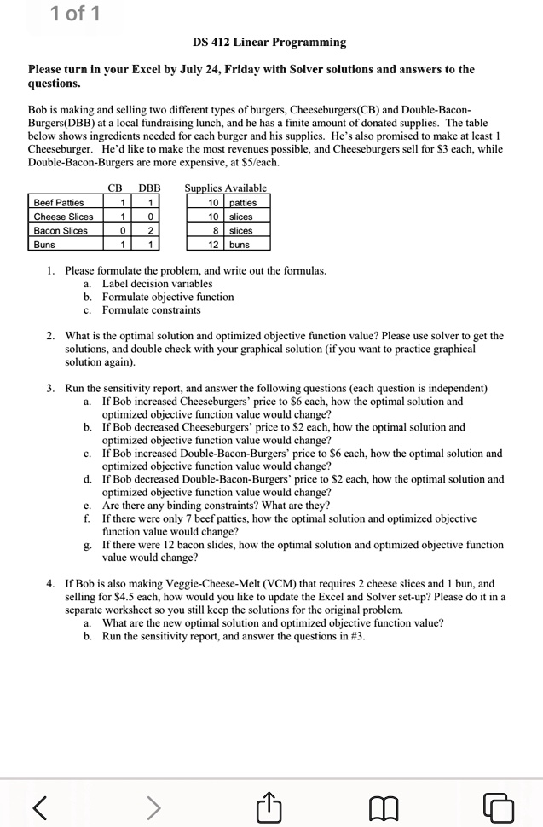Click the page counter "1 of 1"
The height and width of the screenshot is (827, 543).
pyautogui.click(x=74, y=14)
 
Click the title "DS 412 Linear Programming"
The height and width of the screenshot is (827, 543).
pyautogui.click(x=269, y=42)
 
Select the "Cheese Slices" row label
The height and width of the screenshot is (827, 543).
pyautogui.click(x=63, y=217)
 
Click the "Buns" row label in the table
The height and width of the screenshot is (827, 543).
pyautogui.click(x=43, y=244)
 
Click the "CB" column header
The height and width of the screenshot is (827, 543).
pyautogui.click(x=116, y=188)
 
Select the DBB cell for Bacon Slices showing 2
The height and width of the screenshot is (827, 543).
pyautogui.click(x=150, y=230)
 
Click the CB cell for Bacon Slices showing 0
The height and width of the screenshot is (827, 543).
pyautogui.click(x=124, y=230)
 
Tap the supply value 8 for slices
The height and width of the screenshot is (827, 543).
pyautogui.click(x=217, y=230)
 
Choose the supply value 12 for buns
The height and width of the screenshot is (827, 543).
pyautogui.click(x=214, y=244)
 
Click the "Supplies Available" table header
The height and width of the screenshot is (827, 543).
pyautogui.click(x=226, y=188)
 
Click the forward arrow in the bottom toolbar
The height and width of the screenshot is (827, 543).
pyautogui.click(x=153, y=802)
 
